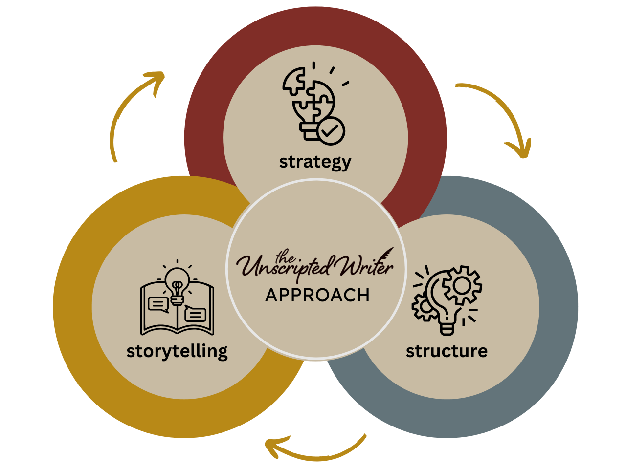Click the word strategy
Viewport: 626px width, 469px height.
[315, 162]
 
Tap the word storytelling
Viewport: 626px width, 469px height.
[177, 352]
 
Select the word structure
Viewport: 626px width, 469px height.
[447, 351]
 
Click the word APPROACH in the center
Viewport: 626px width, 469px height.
[317, 296]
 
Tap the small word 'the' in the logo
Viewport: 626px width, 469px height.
[286, 256]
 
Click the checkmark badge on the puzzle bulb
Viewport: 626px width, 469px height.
[331, 131]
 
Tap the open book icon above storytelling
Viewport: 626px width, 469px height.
[177, 308]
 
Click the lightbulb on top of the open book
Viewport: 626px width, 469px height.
[177, 282]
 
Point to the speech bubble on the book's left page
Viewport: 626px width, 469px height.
[157, 305]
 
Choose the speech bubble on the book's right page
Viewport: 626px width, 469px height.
[196, 314]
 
